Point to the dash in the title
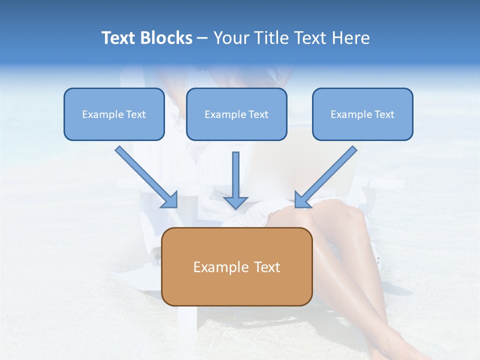click(202, 38)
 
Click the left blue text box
click(114, 114)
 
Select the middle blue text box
click(236, 114)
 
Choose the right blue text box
click(362, 114)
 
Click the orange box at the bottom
click(236, 266)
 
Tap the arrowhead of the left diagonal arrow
click(170, 199)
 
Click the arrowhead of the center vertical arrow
click(235, 202)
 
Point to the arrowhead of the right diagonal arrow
click(302, 199)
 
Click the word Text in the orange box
click(266, 267)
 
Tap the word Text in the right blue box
click(384, 114)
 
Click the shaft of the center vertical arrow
click(235, 172)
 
